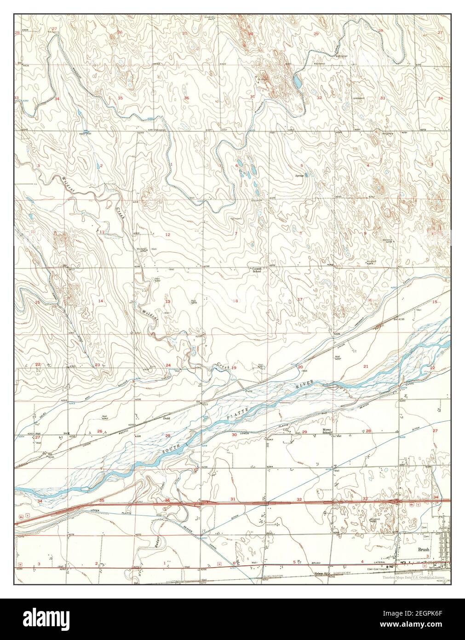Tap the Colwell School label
pos(256,270)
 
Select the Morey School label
pos(327,432)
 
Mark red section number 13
pos(168,302)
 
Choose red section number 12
pos(168,235)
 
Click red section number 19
pos(234,368)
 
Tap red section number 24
pos(168,366)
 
